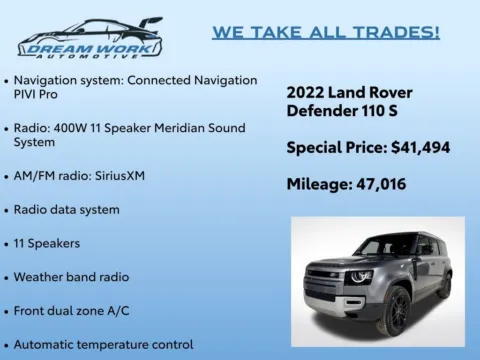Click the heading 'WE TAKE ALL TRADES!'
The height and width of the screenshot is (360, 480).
(x=326, y=32)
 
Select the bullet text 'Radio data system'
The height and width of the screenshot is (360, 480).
(x=66, y=210)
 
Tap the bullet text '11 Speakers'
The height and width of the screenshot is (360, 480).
(x=48, y=243)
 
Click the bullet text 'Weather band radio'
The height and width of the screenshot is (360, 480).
(x=71, y=276)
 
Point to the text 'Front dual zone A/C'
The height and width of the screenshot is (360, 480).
(x=73, y=310)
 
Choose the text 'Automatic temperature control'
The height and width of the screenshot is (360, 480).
(x=103, y=344)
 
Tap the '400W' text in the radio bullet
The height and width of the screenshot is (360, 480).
(x=77, y=128)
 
